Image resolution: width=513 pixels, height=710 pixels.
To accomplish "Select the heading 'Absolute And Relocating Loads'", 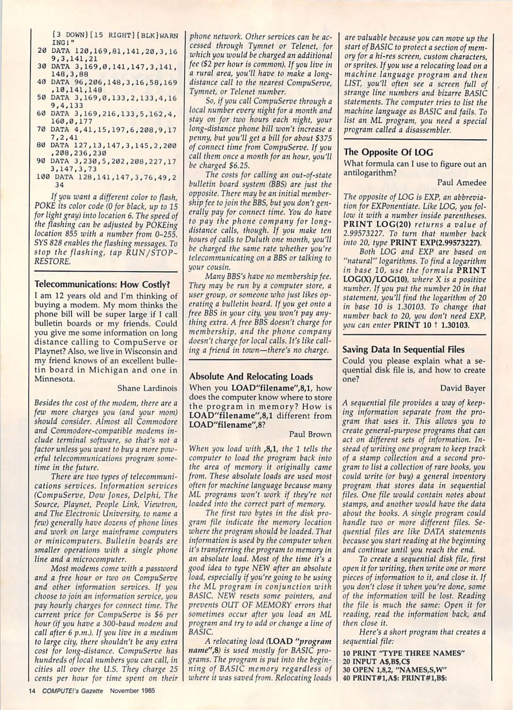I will coord(251,377).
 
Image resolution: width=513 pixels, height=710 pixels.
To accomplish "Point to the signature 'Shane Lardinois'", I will coord(147,388).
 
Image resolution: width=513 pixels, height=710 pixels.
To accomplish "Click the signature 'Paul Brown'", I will coord(310,434).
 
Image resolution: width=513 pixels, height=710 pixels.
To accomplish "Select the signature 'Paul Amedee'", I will coord(461,182).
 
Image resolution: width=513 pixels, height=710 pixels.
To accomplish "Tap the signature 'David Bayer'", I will coord(462,388).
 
